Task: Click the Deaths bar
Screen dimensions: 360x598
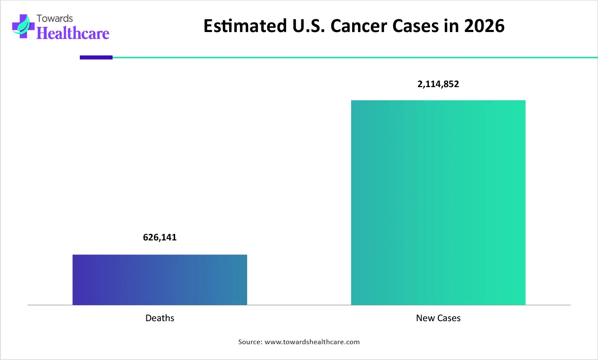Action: tap(160, 280)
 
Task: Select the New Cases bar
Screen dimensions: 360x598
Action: tap(438, 202)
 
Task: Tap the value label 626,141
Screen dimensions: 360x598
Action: tap(160, 237)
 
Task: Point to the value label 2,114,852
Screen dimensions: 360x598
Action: tap(438, 84)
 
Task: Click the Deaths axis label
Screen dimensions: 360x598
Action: tap(160, 318)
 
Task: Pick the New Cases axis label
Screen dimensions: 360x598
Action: tap(438, 318)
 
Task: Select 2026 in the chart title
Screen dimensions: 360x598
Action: tap(484, 26)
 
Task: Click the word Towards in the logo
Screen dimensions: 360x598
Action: tap(55, 18)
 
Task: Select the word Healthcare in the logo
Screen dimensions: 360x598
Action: tap(73, 33)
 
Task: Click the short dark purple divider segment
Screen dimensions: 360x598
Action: tap(96, 57)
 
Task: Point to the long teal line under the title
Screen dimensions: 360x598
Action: tap(354, 57)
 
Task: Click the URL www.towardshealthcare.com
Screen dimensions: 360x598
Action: tap(312, 342)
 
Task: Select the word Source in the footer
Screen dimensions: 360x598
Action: tap(250, 342)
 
